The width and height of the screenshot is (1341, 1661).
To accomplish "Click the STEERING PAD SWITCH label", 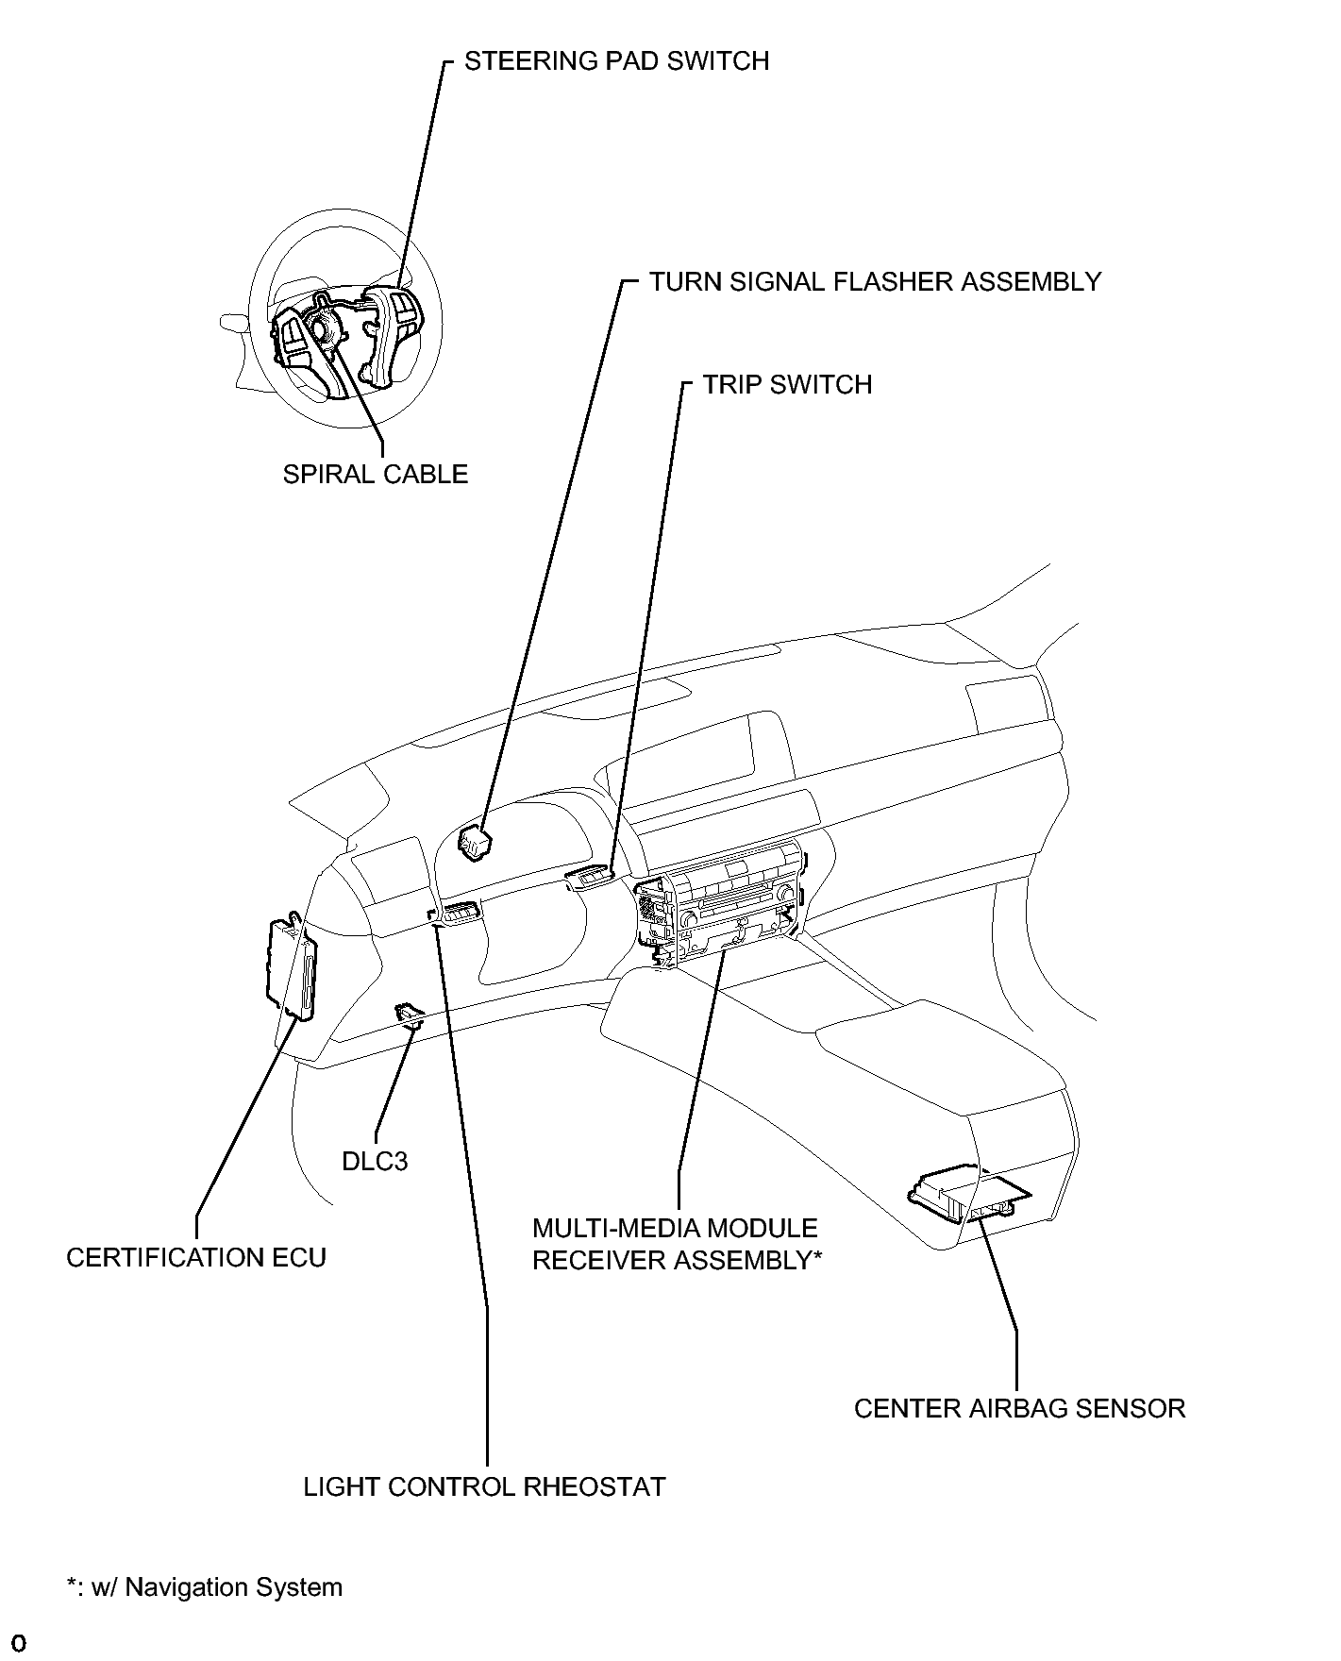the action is click(616, 61).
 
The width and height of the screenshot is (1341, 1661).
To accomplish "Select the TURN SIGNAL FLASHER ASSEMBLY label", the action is click(875, 282).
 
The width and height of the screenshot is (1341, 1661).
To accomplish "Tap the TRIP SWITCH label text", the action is click(787, 385).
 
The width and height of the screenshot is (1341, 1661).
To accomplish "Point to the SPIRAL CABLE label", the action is click(376, 474).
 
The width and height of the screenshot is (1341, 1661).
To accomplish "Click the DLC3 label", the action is click(375, 1161).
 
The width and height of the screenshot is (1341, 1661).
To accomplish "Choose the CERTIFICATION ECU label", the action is click(196, 1258).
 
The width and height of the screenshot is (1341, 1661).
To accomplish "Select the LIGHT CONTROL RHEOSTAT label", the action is click(484, 1487).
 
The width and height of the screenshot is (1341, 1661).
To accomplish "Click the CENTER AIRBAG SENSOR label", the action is click(1019, 1409).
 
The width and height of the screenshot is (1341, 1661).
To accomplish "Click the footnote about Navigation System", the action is click(205, 1587).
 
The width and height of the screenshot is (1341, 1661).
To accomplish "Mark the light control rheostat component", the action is click(455, 914).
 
